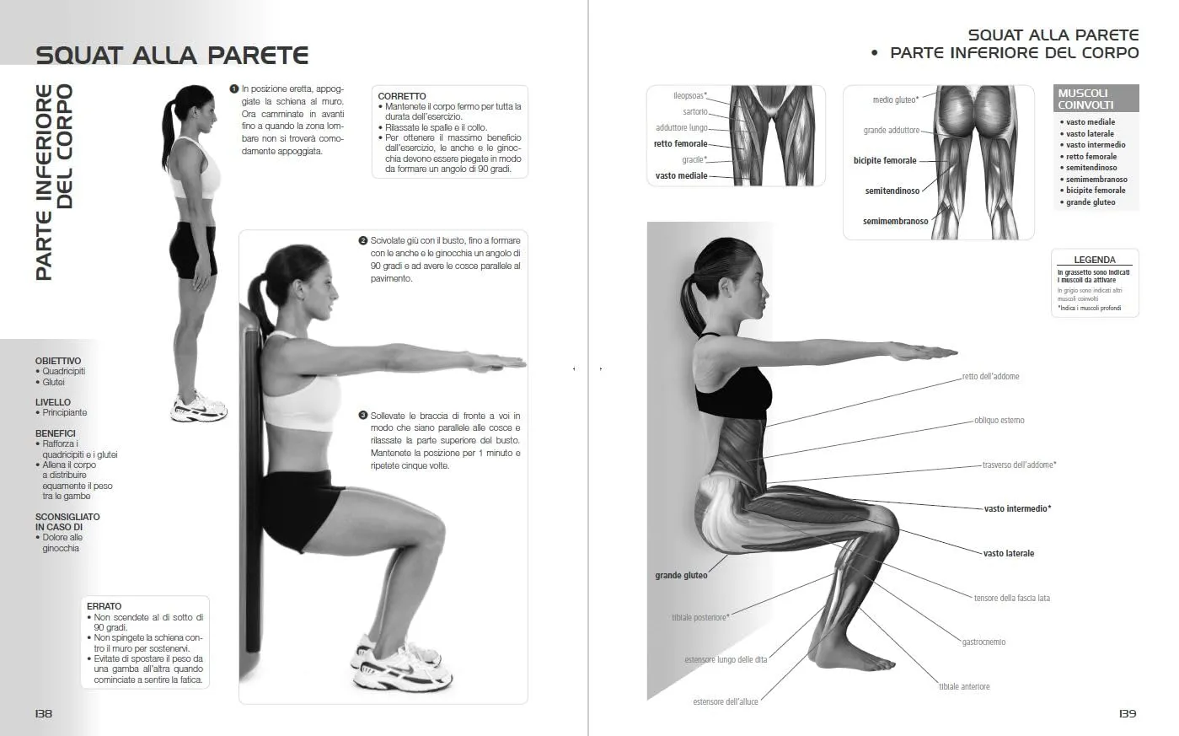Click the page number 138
(x=44, y=713)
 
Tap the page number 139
(x=1128, y=713)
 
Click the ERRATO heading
(x=105, y=606)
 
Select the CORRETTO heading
(x=402, y=96)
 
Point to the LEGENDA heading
(x=1095, y=260)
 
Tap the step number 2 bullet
(x=362, y=240)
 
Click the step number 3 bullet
(x=362, y=415)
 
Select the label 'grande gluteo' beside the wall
(x=681, y=575)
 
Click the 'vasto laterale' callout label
(x=1009, y=553)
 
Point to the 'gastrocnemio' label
(x=983, y=642)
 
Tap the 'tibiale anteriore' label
(x=964, y=686)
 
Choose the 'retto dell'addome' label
(x=990, y=376)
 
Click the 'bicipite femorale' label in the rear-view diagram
(x=885, y=160)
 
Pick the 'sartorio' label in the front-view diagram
(x=695, y=111)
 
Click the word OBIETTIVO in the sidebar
(x=58, y=361)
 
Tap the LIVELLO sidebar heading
(x=52, y=401)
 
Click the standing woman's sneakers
(x=199, y=406)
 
